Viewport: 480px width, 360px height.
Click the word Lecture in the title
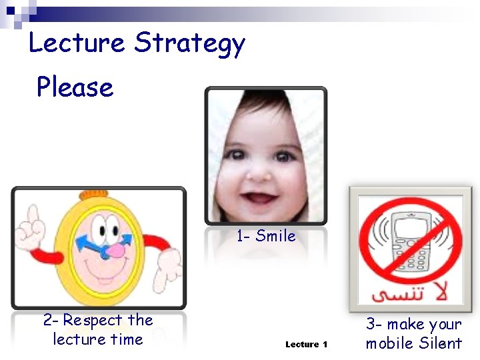click(76, 43)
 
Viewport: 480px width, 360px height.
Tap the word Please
click(75, 87)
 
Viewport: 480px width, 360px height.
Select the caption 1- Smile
click(266, 235)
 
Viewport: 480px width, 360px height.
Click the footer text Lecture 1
click(306, 344)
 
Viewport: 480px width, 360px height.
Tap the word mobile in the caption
click(390, 343)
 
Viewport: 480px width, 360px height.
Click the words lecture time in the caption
click(98, 339)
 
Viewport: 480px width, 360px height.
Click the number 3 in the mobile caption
click(371, 325)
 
